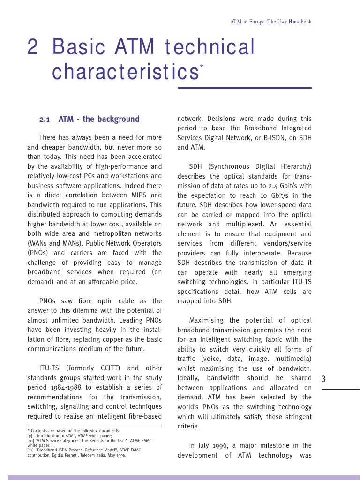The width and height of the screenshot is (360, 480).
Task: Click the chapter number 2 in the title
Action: pos(33,47)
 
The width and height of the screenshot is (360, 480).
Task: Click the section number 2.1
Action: pos(45,120)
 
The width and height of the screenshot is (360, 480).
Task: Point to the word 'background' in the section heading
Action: pos(119,119)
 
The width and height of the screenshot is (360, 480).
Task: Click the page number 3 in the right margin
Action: pos(323,379)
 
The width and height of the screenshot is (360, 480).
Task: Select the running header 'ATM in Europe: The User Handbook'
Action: pos(270,22)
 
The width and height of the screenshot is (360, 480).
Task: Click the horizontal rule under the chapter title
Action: pos(244,88)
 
